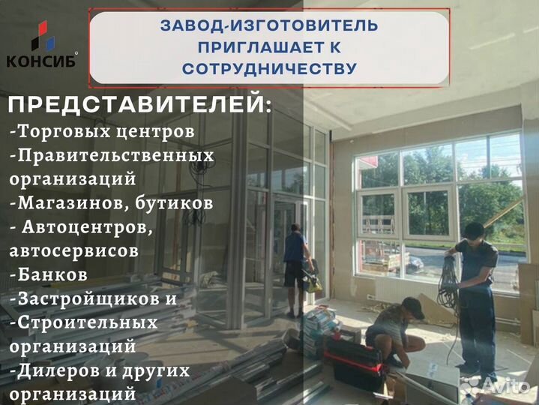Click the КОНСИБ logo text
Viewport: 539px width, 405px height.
(x=40, y=61)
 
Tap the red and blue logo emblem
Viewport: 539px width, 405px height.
(x=41, y=36)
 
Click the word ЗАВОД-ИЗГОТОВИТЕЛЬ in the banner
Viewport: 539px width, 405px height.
(x=269, y=26)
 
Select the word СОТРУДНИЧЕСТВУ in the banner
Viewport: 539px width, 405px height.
(x=269, y=68)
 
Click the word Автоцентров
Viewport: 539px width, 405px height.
(x=85, y=226)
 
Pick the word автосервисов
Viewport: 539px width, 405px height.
(x=74, y=250)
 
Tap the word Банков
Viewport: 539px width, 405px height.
(x=52, y=274)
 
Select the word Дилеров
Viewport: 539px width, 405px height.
(x=56, y=370)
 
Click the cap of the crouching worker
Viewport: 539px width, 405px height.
(x=412, y=304)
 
